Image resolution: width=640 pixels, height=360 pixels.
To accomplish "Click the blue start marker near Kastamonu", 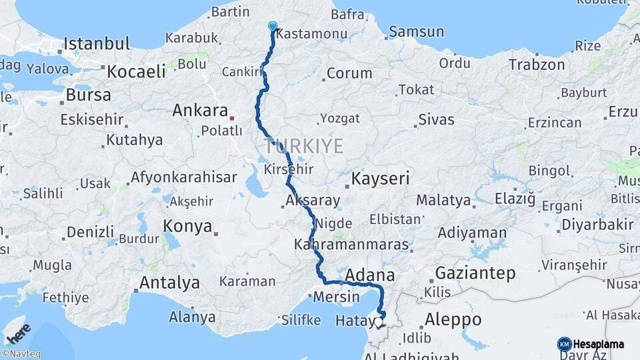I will coord(272,26).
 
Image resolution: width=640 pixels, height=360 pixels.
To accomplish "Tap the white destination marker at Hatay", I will coord(379,322).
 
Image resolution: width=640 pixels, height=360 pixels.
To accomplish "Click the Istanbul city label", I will coord(97,45).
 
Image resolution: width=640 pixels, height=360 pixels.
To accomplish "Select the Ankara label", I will coord(200,110).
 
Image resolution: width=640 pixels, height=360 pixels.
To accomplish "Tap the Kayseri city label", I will coord(380,179).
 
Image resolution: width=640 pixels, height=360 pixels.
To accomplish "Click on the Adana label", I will coord(370,275).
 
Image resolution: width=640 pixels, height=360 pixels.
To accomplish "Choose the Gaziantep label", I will coord(475,273).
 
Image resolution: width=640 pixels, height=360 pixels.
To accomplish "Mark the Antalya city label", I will coord(169,283).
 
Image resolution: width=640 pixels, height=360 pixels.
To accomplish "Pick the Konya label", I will coord(187,225).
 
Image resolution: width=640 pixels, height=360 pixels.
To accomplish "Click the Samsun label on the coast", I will coord(416,31).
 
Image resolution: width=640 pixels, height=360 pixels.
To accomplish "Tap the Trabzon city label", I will coord(537,65).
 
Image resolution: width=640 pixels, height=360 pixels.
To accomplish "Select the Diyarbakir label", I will coord(597,225).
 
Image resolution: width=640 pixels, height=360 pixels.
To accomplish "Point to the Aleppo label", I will coord(453,319).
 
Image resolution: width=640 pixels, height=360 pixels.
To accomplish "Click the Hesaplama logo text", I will coord(599,344).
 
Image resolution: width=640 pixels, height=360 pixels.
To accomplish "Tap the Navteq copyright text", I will coord(21,354).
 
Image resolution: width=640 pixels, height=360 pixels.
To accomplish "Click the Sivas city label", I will coord(436,120).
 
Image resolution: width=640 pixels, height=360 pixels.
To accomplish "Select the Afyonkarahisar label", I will coord(183,177).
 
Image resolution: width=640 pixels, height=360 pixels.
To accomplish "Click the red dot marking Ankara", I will coord(232,118).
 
